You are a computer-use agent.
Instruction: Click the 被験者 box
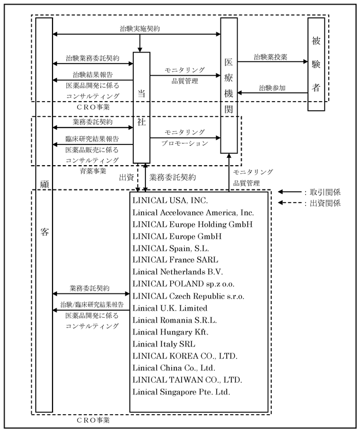coord(316,64)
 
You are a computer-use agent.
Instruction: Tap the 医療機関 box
coord(228,85)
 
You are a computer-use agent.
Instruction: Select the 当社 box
coord(141,108)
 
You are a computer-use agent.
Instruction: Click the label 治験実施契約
coord(140,29)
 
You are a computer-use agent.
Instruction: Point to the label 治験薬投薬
coord(270,57)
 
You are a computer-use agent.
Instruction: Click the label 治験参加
coord(272,88)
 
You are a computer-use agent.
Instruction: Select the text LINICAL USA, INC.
coord(170,200)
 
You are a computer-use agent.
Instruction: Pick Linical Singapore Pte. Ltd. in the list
coord(181,392)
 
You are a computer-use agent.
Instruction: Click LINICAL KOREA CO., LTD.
coord(185,356)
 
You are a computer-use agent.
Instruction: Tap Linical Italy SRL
coord(164,344)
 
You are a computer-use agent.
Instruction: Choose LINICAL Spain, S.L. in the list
coord(171,248)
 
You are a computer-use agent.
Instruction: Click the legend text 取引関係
coord(325,192)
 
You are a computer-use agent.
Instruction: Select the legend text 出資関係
coord(325,203)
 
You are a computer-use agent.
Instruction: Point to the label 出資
coord(126,177)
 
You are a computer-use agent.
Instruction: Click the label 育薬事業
coord(93,171)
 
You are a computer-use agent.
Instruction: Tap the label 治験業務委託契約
coord(92,58)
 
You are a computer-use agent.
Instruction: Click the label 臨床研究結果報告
coord(92,139)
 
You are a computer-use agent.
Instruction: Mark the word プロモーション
coord(185,143)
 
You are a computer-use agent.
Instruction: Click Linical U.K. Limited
coord(170,308)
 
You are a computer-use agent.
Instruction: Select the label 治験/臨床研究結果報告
coord(92,305)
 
